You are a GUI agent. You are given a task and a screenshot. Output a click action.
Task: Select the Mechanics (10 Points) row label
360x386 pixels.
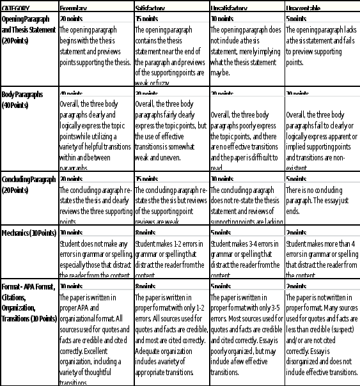29,233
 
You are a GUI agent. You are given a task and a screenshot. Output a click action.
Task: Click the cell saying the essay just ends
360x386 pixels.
322,198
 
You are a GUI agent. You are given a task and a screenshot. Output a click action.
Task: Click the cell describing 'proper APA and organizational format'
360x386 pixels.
95,339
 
